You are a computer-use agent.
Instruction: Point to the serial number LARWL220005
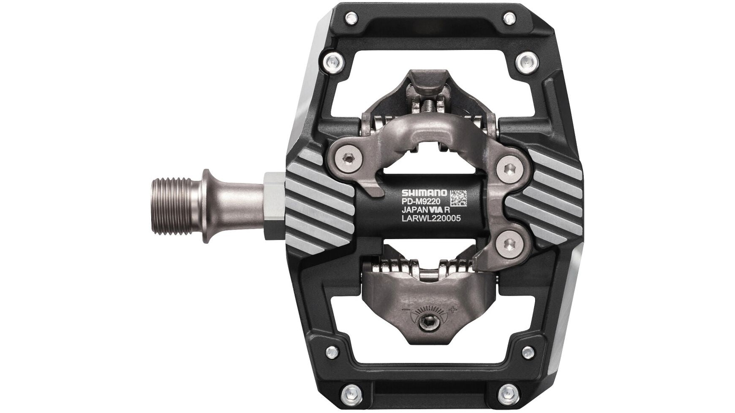coord(430,218)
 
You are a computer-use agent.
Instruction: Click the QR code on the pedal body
coord(458,198)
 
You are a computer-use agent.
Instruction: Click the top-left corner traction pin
coord(350,18)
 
